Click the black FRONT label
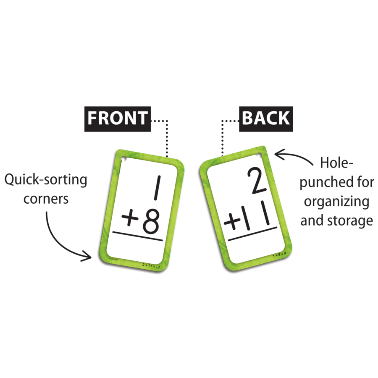tap(118, 118)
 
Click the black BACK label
tap(266, 118)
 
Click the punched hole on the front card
tap(124, 159)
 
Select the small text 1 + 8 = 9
tap(279, 255)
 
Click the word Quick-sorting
tap(45, 181)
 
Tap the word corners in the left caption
tap(46, 199)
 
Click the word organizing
tap(336, 202)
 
